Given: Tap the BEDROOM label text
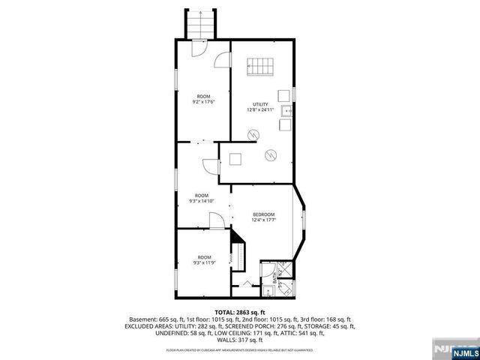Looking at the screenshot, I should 262,214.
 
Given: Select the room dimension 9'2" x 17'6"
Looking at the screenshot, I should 204,102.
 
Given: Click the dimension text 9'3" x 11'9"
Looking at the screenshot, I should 203,263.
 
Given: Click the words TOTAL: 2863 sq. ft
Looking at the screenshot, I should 240,312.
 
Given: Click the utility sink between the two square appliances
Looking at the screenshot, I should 285,112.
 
